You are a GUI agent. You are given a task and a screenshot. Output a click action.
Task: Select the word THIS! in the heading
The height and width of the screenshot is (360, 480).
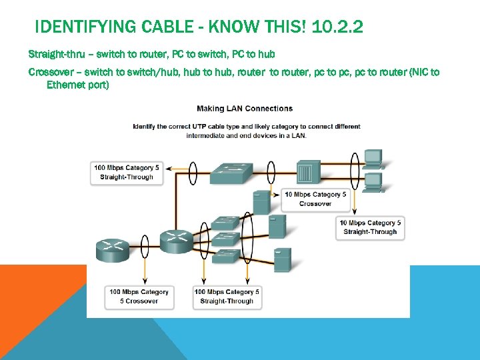click(287, 27)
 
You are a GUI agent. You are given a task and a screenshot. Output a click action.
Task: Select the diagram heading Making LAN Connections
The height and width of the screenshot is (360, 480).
click(245, 108)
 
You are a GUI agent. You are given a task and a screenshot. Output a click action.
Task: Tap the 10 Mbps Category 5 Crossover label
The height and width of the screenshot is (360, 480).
click(315, 199)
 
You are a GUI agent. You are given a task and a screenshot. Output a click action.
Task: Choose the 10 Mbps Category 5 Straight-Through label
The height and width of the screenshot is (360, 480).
click(370, 227)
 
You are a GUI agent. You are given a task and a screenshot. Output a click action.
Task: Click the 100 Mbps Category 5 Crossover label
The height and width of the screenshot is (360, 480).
click(139, 296)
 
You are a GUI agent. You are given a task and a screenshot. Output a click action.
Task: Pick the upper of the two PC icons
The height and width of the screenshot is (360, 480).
click(373, 159)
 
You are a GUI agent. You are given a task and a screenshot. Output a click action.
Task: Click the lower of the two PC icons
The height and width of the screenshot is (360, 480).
click(373, 181)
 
